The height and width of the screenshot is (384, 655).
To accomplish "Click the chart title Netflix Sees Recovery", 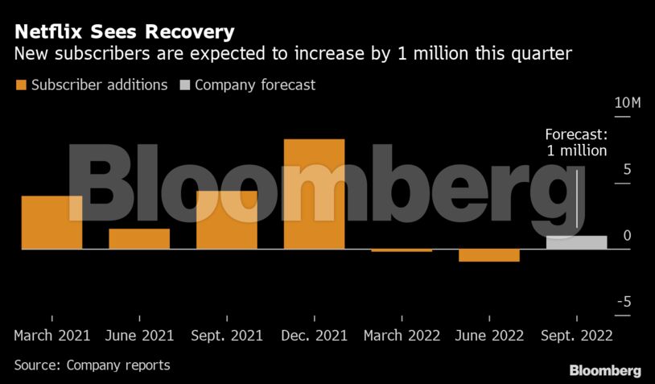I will point(125,32).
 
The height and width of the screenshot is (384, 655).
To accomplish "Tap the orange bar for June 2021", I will point(139,239).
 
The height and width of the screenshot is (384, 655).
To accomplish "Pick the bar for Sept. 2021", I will point(227,220).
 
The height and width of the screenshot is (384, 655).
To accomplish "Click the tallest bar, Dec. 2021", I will point(315,194).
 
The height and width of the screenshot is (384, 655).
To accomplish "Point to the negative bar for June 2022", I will point(489,255).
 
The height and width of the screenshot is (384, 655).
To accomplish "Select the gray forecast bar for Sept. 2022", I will point(576,242).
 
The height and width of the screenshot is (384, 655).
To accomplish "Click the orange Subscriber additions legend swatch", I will point(20,85).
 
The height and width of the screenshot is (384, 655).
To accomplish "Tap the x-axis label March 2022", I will point(402,335).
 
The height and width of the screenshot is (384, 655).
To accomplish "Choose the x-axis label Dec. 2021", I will point(315,335).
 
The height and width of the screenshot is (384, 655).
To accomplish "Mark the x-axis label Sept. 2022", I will point(576,335).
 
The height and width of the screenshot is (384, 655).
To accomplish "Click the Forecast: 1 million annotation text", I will point(576,142).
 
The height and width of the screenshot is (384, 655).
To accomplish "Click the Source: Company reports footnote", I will point(93,365).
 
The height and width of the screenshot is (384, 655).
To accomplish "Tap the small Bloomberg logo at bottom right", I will point(605,370).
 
